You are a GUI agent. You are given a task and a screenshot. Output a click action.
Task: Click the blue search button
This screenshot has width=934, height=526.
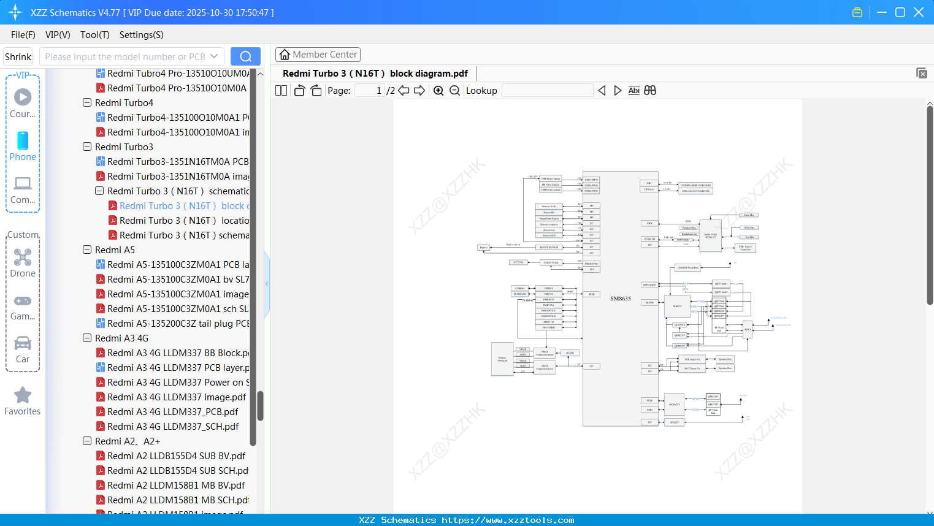coord(245,56)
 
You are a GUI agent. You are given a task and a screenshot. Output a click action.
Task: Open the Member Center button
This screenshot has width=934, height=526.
coord(318,55)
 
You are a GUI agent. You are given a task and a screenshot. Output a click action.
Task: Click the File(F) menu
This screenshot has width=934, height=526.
coord(23,35)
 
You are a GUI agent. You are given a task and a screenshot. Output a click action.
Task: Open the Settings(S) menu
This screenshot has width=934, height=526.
coord(141,35)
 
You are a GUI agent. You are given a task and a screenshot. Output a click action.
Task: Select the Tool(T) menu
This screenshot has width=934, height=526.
coord(94,35)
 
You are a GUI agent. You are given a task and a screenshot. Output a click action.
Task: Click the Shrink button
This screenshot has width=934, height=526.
coord(18,57)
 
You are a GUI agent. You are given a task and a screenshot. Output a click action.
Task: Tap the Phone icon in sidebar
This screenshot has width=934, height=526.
coord(23,141)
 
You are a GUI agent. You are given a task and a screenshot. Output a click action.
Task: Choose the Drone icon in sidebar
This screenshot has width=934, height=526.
coord(23,257)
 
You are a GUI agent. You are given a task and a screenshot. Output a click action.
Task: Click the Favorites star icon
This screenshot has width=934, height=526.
coord(23,395)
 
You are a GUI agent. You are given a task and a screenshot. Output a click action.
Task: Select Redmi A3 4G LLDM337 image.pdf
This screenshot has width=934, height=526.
coord(177,397)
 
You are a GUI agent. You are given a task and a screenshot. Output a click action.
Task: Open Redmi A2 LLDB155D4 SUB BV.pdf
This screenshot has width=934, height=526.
coord(176,456)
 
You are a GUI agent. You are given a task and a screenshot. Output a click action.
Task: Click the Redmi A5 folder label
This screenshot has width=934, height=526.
coord(115,250)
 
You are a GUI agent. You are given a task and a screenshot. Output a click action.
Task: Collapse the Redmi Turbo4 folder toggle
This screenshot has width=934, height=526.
coord(87,103)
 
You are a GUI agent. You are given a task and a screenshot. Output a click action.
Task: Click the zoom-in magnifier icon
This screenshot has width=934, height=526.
coord(438,91)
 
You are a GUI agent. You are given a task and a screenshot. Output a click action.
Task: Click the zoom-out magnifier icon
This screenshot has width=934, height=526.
coord(454,91)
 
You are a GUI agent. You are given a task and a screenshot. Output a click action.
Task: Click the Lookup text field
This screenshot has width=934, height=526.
coord(547,91)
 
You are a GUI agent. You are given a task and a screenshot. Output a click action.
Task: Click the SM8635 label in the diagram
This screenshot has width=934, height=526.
coord(620,299)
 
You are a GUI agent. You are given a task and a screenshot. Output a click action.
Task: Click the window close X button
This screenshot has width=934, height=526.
coord(919,12)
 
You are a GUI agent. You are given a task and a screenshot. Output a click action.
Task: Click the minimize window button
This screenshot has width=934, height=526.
coord(882,12)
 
